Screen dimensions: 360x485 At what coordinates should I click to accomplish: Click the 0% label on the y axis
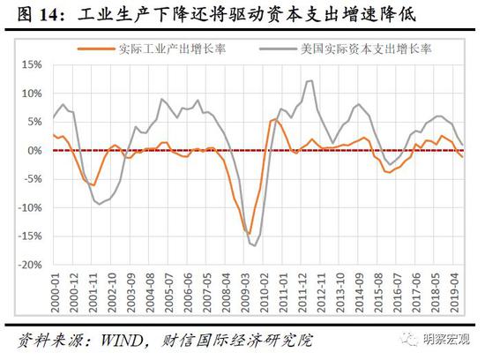(x=35, y=150)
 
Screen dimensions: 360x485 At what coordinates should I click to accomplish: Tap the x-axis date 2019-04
(x=455, y=290)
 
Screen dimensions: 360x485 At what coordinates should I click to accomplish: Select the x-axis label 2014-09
(x=360, y=290)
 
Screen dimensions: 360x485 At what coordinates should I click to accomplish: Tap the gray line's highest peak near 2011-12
(x=310, y=81)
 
